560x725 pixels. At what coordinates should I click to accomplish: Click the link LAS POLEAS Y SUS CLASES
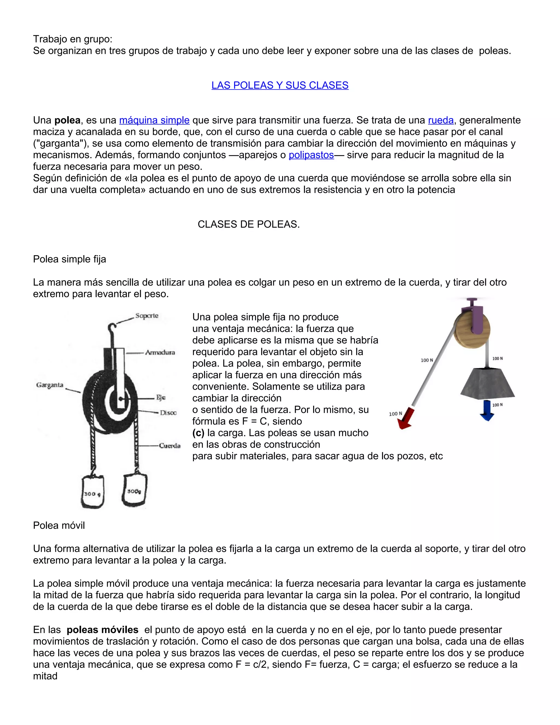click(x=280, y=85)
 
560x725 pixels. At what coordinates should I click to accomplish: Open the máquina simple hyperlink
click(x=154, y=120)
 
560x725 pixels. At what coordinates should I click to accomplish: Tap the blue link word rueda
click(x=441, y=120)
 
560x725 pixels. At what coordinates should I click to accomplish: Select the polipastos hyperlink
click(x=311, y=155)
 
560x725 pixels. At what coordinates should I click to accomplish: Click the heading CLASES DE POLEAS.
click(x=249, y=224)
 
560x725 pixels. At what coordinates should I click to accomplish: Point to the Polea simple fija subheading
click(x=69, y=259)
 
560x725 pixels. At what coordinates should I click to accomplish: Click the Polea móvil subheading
click(x=59, y=526)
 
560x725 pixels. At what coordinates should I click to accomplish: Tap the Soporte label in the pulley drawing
click(x=147, y=316)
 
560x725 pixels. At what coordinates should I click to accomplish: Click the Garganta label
click(x=50, y=385)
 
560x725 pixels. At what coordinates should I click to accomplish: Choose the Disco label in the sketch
click(x=168, y=413)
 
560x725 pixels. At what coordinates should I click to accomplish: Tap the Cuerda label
click(x=170, y=445)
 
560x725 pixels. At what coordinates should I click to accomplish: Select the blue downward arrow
click(x=487, y=410)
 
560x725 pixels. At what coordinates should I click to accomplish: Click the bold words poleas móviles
click(x=102, y=630)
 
